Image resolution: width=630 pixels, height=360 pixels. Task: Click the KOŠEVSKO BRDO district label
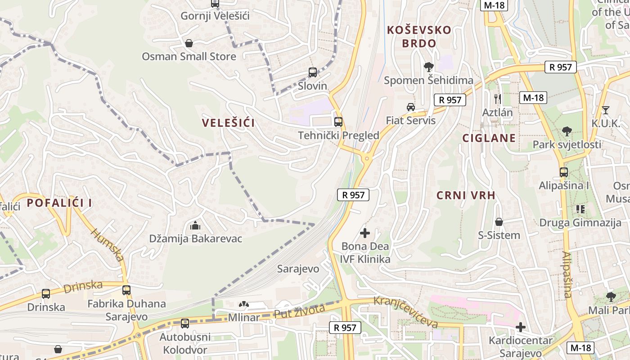pyautogui.click(x=419, y=36)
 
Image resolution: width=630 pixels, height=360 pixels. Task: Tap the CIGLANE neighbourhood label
pyautogui.click(x=489, y=138)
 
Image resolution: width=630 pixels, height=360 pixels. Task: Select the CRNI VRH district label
pyautogui.click(x=466, y=195)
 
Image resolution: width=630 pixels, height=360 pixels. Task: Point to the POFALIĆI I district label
pyautogui.click(x=59, y=203)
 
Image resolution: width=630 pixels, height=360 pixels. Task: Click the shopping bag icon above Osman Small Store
pyautogui.click(x=189, y=43)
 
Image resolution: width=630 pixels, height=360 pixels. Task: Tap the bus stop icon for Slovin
pyautogui.click(x=312, y=72)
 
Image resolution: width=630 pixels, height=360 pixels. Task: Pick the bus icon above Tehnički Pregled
pyautogui.click(x=338, y=121)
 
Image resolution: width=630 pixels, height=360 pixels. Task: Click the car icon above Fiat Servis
pyautogui.click(x=410, y=107)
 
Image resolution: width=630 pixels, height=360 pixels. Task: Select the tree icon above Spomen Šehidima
pyautogui.click(x=428, y=67)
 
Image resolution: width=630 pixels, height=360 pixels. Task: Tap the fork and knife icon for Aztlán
pyautogui.click(x=497, y=99)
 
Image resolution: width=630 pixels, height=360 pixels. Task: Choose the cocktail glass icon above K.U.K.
pyautogui.click(x=606, y=110)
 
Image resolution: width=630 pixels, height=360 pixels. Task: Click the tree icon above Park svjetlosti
pyautogui.click(x=567, y=131)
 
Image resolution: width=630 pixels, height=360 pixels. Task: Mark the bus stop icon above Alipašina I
pyautogui.click(x=563, y=172)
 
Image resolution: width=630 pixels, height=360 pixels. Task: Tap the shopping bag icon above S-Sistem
pyautogui.click(x=499, y=222)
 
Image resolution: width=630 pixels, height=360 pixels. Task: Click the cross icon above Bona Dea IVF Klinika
pyautogui.click(x=365, y=233)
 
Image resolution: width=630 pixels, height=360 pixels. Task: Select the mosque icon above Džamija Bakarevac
pyautogui.click(x=195, y=225)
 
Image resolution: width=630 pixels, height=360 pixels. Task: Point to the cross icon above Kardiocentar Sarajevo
pyautogui.click(x=521, y=327)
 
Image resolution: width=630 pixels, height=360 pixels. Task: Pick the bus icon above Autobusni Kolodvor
pyautogui.click(x=184, y=323)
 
